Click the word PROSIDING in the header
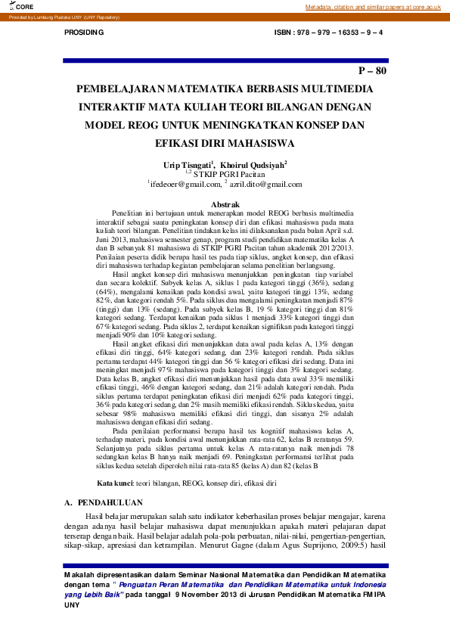click(x=84, y=33)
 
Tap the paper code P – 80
click(x=372, y=71)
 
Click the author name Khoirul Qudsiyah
click(x=254, y=163)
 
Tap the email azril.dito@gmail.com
click(x=265, y=184)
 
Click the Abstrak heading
click(x=225, y=205)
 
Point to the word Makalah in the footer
click(x=80, y=576)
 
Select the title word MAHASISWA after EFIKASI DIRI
click(x=251, y=142)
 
